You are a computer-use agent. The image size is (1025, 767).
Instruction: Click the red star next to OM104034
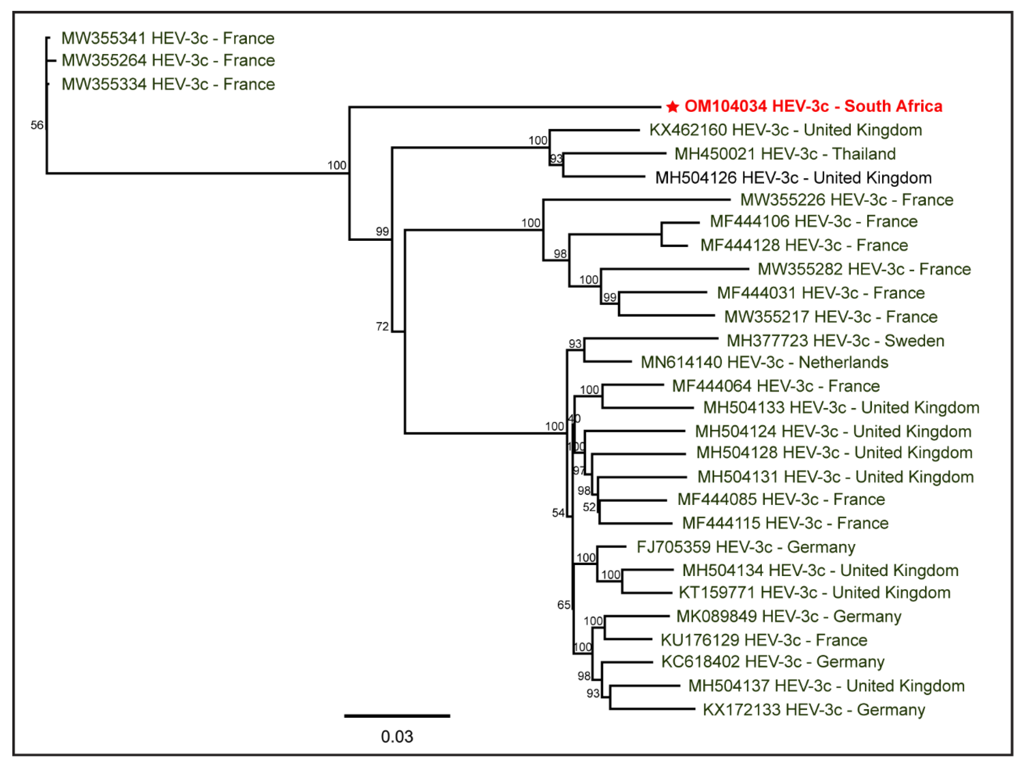(x=672, y=107)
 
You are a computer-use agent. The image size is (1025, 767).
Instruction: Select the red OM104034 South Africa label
(x=813, y=106)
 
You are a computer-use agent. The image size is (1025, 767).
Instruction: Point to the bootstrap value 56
(x=37, y=125)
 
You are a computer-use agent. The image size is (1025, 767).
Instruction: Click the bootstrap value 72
(x=382, y=327)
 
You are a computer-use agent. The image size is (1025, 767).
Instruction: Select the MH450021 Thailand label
(x=785, y=154)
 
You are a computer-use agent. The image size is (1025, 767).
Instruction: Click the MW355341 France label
(x=168, y=38)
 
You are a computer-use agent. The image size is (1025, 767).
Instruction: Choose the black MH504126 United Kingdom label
(x=793, y=178)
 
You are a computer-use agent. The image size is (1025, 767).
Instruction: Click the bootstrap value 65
(x=563, y=605)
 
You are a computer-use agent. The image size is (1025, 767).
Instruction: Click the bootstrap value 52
(x=589, y=507)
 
